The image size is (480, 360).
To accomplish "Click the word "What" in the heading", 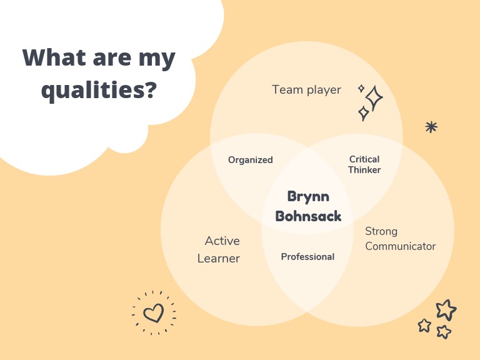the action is point(54,57).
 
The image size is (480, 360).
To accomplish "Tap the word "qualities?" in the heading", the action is point(99,90).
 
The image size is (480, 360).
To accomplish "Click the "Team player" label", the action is point(306,90).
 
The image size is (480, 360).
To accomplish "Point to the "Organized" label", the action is point(251,160).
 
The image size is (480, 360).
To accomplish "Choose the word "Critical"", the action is point(364,159).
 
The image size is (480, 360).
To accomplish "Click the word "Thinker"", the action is point(364,170).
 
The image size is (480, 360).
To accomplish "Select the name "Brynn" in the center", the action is point(308,197).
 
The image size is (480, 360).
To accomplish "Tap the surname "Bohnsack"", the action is point(308,216).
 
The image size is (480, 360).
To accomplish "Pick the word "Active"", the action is point(222,241).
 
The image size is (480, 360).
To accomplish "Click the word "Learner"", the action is point(219,259).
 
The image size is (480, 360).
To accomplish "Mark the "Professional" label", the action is point(307,257).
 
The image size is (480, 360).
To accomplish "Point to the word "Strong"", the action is point(381,231).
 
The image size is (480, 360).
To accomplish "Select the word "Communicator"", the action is point(401,246).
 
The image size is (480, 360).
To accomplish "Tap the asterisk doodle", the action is point(431,127).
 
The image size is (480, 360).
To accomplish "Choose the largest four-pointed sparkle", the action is point(374,98).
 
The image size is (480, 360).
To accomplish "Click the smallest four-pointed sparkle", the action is point(361,89).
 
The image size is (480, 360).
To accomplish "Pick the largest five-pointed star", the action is point(446,310).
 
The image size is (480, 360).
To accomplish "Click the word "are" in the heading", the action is point(112,59).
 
